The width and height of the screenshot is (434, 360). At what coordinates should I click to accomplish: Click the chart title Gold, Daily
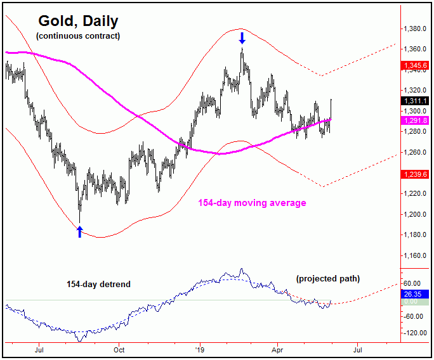[x=77, y=21]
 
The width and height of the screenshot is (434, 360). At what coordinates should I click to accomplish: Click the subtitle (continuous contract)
[x=78, y=36]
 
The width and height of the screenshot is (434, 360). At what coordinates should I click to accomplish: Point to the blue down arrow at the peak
[x=242, y=39]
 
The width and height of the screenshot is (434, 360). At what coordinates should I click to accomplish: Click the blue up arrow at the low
[x=79, y=231]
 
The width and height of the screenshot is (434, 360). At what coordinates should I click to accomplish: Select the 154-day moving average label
[x=252, y=203]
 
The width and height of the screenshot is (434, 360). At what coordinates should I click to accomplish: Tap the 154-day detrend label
[x=98, y=285]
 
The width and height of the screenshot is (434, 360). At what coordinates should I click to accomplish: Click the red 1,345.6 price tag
[x=416, y=65]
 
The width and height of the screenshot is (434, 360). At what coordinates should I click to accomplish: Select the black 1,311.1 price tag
[x=416, y=101]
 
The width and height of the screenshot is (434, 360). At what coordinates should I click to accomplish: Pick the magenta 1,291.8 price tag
[x=416, y=120]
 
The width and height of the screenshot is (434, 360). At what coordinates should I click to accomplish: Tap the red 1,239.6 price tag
[x=416, y=174]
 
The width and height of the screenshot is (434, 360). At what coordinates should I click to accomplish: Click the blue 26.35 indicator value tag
[x=416, y=294]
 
